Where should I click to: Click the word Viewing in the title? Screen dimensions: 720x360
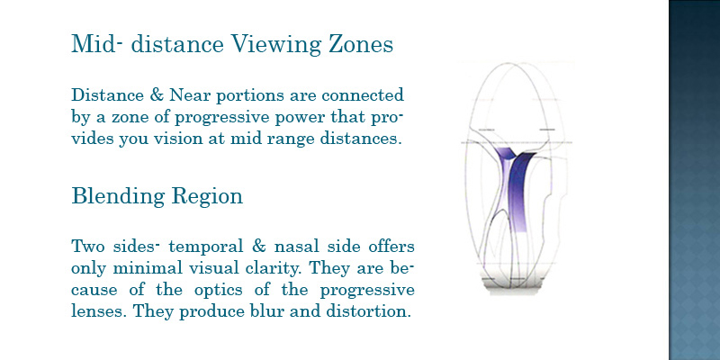click(x=276, y=44)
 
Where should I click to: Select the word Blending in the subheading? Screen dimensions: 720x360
click(x=118, y=196)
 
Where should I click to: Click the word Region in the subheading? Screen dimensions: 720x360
click(x=207, y=196)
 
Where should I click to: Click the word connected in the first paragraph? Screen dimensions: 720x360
click(x=363, y=95)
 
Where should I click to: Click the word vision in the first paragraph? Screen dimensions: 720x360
click(x=178, y=139)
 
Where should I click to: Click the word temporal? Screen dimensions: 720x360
click(x=206, y=247)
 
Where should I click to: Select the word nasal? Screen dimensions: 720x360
click(x=295, y=247)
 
